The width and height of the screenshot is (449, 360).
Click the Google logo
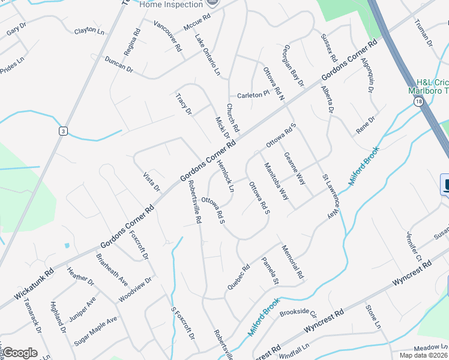[x=20, y=353]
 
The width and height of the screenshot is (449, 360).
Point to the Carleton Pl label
[x=253, y=95]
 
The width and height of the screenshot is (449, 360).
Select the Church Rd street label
[x=232, y=118]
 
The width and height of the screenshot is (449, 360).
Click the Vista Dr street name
[x=152, y=181]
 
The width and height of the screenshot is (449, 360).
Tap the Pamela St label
[x=270, y=271]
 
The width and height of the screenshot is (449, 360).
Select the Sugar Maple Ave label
[x=95, y=331]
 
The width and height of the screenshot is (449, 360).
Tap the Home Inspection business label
[x=170, y=4]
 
